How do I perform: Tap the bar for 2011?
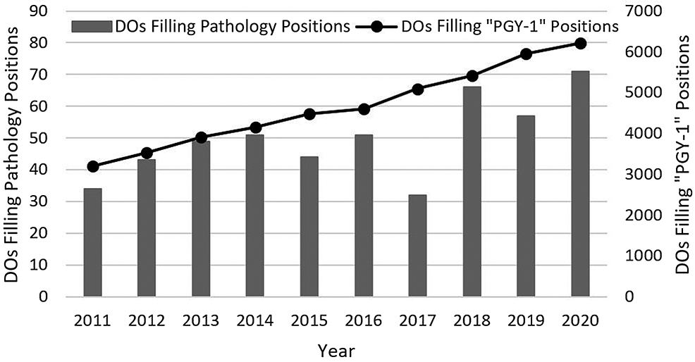click(x=92, y=242)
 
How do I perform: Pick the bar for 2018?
click(x=472, y=191)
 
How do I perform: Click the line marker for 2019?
click(x=526, y=54)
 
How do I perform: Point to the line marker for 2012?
click(x=147, y=153)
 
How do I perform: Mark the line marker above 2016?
click(x=364, y=109)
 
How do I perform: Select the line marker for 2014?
click(x=255, y=127)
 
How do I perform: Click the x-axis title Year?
click(x=336, y=349)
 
